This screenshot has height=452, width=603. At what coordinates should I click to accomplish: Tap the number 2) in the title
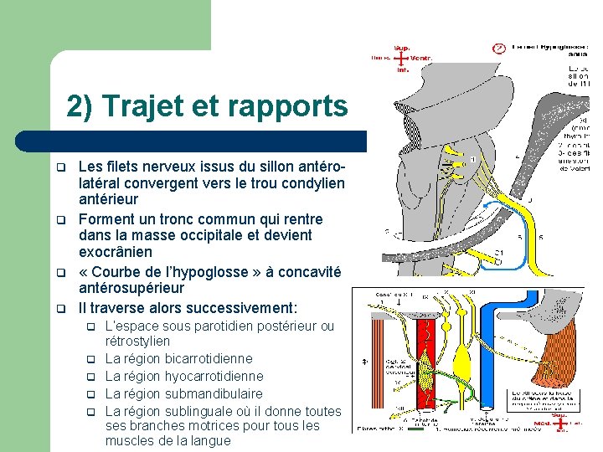click(x=80, y=106)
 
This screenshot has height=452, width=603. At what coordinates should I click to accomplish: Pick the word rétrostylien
click(x=137, y=342)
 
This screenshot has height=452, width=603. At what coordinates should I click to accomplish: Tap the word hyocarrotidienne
click(x=214, y=377)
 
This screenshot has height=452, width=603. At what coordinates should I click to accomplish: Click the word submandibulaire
click(x=214, y=393)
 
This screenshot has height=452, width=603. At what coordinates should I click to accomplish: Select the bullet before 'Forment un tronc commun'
click(x=60, y=220)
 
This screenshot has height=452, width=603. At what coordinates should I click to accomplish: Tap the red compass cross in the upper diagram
click(x=402, y=59)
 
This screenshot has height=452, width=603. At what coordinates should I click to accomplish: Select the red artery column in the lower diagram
click(x=428, y=368)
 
